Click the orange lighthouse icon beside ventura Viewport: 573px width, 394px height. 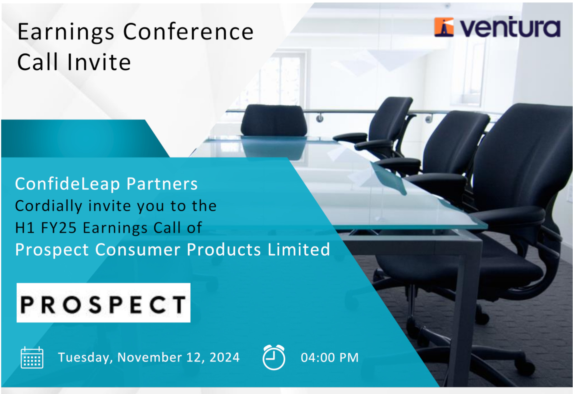coord(444,27)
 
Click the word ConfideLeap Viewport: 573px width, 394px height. coord(67,184)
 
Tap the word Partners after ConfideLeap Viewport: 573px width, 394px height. coord(162,184)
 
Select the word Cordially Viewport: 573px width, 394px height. coord(49,206)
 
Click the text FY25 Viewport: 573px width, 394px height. coord(59,228)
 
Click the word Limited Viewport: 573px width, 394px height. coord(299,249)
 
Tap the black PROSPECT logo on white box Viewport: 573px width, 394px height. coord(103,303)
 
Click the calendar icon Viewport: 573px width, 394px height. coord(32,358)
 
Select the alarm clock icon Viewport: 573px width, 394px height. coord(274,357)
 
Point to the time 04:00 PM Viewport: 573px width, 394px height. coord(330,358)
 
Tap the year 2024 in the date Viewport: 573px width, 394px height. coord(224,357)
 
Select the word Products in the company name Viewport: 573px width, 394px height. coord(224,250)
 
